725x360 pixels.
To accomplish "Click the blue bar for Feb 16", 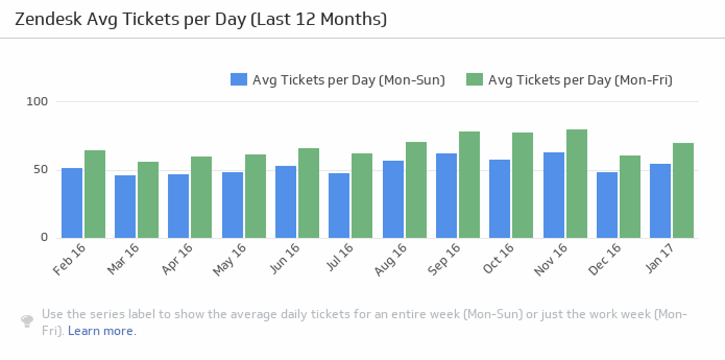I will click(72, 203).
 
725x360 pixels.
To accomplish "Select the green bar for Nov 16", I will click(577, 184).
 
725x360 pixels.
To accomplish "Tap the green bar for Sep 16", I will click(469, 185).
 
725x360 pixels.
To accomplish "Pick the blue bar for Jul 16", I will click(339, 206).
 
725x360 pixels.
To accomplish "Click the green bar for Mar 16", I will click(148, 200).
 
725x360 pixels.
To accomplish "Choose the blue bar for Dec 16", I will click(607, 205).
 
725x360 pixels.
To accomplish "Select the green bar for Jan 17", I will click(683, 191).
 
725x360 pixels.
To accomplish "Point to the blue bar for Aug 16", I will click(393, 199).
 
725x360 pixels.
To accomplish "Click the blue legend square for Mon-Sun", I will click(239, 80).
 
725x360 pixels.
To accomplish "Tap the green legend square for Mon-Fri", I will click(474, 80).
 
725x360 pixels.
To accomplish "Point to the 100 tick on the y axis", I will click(37, 102).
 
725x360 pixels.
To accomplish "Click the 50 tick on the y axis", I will click(40, 170).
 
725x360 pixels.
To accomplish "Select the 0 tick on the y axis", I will click(44, 237).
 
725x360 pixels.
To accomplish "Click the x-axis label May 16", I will click(230, 260).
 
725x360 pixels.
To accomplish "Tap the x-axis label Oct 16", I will click(498, 258).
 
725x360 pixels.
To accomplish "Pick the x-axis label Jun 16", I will click(285, 258).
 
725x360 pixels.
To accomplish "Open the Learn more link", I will click(102, 331).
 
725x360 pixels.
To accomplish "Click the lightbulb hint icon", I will click(27, 321).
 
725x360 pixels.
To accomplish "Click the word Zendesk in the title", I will click(48, 19).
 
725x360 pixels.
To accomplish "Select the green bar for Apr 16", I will click(201, 197).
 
